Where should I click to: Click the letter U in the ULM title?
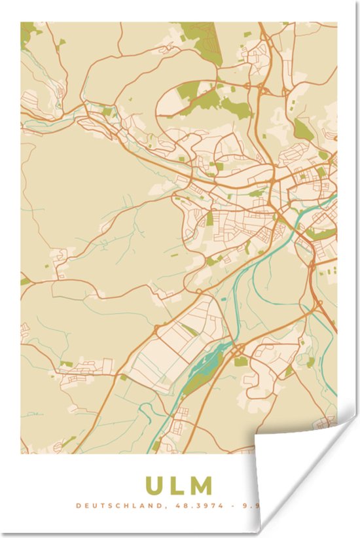click(x=154, y=486)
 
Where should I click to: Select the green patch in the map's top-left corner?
click(x=27, y=33)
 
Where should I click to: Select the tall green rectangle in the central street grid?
click(x=209, y=218)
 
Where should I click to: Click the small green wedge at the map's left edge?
click(x=24, y=281)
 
